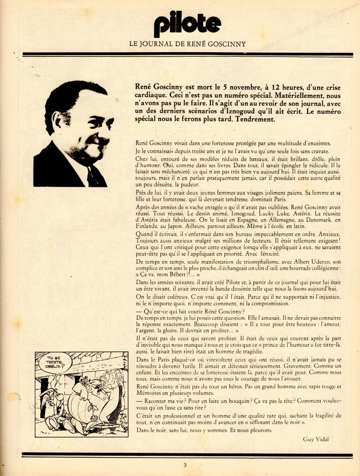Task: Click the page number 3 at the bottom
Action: tap(185, 465)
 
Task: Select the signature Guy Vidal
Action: tap(316, 439)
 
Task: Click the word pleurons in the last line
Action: tap(260, 430)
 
